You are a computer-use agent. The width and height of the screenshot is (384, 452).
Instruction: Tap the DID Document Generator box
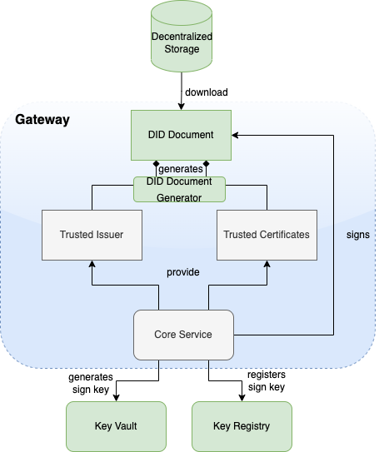coord(180,189)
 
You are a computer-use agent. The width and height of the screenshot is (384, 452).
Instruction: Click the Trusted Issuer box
coord(92,234)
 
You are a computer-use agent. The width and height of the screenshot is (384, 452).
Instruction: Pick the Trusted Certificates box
coord(267,234)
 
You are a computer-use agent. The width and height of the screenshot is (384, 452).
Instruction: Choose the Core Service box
coord(183,334)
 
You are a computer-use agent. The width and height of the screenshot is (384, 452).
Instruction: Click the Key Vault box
coord(116,425)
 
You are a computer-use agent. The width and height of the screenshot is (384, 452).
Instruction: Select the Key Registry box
coord(242,425)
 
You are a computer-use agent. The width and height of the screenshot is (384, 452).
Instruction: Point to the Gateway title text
coord(42,120)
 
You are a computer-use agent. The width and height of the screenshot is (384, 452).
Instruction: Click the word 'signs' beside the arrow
coord(357,235)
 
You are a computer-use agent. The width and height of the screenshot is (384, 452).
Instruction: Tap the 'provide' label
coord(182,272)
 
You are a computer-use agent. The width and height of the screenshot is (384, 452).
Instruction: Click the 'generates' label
coord(180,169)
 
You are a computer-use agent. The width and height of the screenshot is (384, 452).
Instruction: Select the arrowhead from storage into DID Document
coord(181,106)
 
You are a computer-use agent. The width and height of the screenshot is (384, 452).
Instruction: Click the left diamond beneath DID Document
coord(155,164)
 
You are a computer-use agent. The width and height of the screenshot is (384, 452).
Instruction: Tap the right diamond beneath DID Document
coord(206,164)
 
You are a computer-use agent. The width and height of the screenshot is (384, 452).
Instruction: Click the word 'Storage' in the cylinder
coord(181,49)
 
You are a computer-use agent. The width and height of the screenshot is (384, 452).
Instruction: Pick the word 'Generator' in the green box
coord(180,197)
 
